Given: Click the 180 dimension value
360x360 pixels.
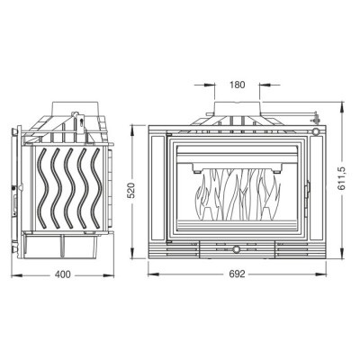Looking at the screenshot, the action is click(238, 85).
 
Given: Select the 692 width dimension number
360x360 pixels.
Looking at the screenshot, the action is click(237, 274).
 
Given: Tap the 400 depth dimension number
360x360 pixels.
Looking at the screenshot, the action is click(63, 274).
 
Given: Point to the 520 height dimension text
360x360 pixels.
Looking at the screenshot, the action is click(131, 190).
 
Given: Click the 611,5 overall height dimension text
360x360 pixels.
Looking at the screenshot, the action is click(342, 178).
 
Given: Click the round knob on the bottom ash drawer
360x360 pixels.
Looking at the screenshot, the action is click(237, 249).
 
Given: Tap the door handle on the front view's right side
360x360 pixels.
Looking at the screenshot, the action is click(307, 191).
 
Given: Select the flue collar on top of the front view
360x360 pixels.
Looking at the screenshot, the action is click(237, 109).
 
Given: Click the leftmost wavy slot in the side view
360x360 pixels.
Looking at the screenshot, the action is click(43, 188).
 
